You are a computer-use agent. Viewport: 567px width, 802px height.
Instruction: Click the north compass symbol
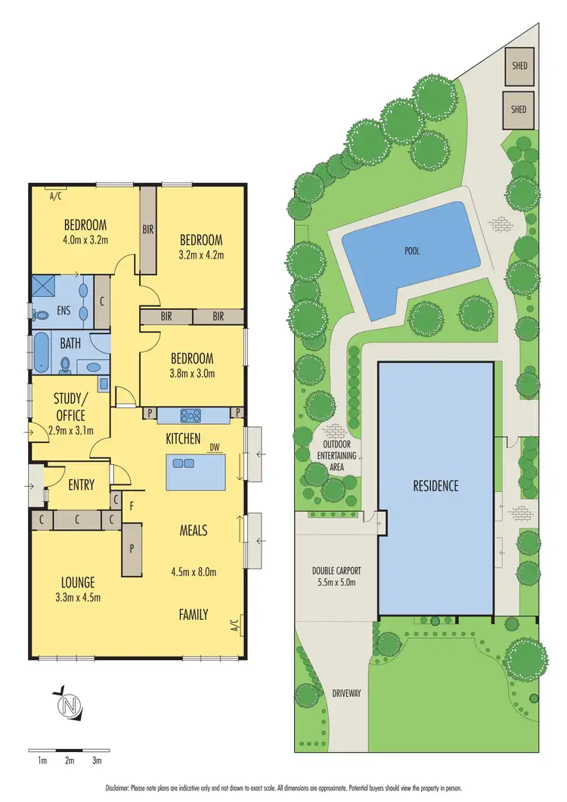[69, 706]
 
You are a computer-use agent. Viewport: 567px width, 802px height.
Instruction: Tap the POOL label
[411, 250]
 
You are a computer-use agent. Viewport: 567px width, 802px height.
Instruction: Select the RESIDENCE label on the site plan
[435, 485]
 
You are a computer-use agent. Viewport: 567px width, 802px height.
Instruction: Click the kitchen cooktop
[189, 414]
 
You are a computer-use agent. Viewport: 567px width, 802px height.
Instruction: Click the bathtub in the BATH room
[40, 353]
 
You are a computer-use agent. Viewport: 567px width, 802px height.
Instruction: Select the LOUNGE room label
[79, 583]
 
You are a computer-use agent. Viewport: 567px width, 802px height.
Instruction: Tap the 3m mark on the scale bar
[97, 761]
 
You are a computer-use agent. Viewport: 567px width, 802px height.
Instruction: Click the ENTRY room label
[81, 485]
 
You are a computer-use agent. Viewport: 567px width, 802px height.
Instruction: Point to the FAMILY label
[194, 615]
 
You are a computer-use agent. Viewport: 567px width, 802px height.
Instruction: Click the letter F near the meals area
[132, 507]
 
